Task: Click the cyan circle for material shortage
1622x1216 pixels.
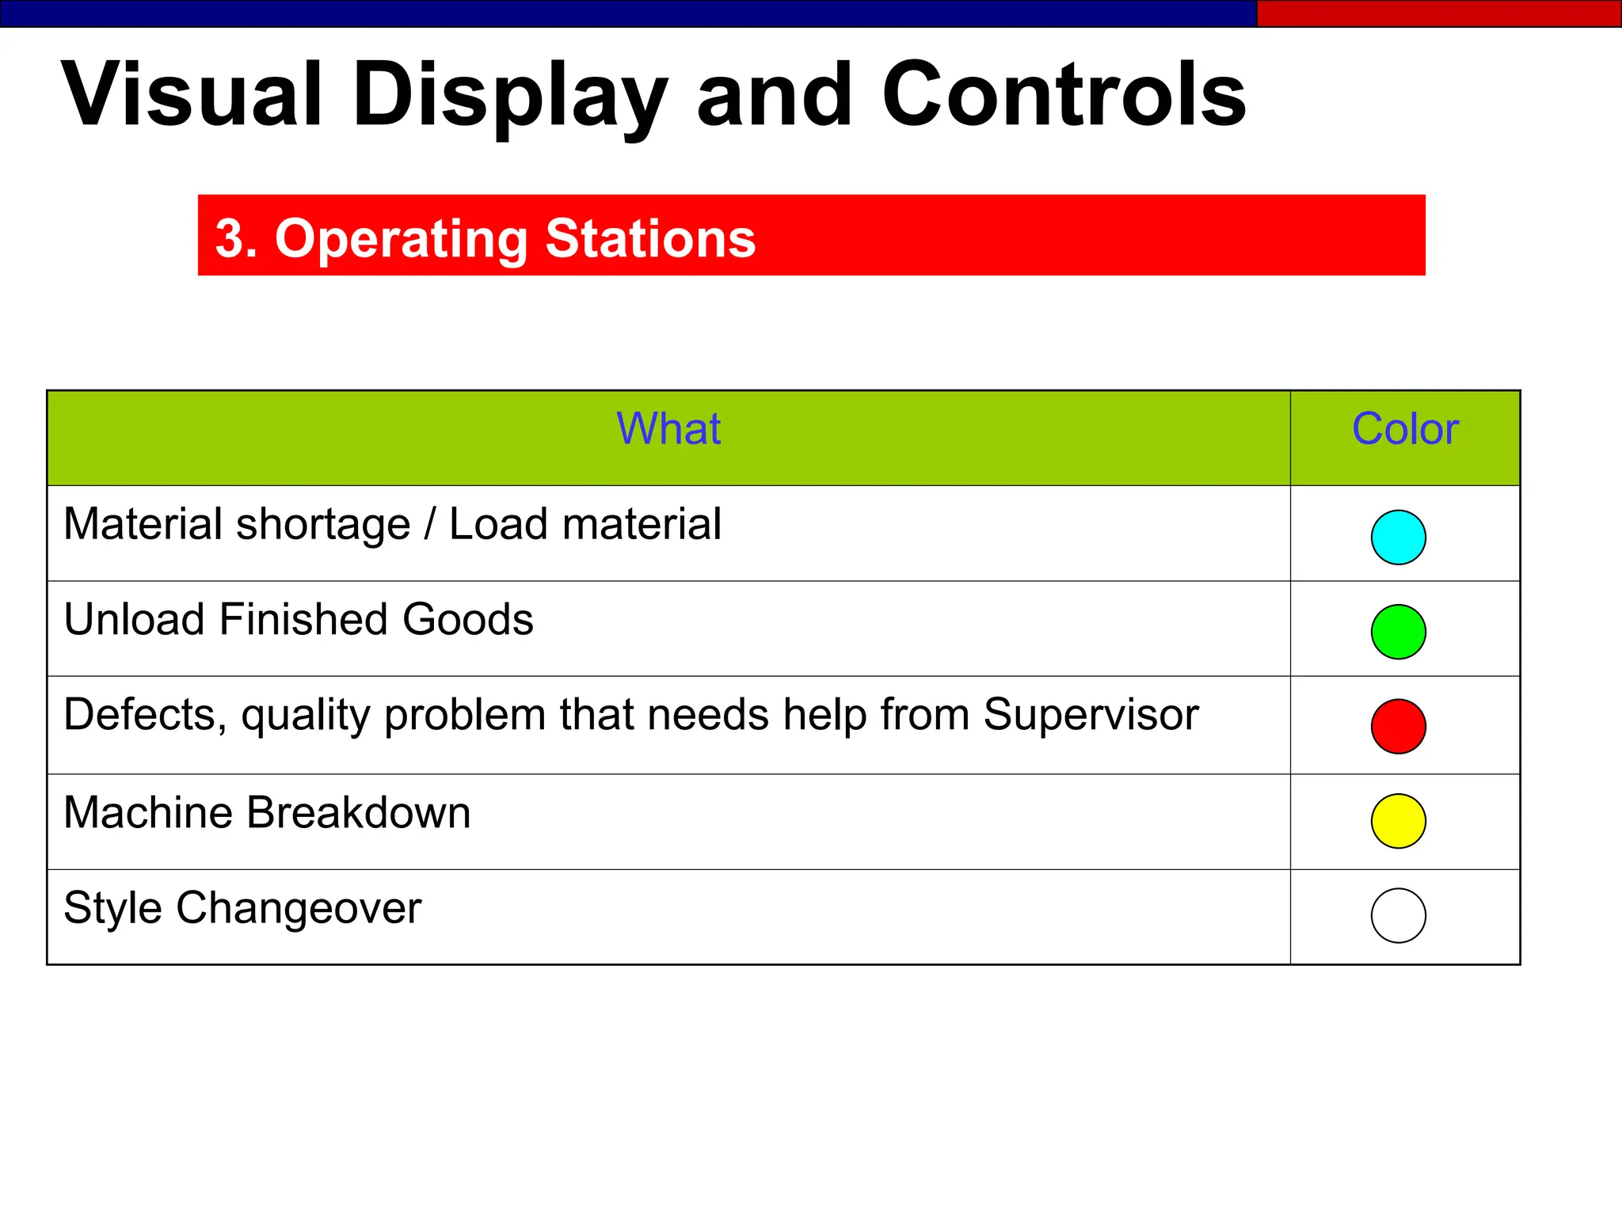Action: coord(1398,537)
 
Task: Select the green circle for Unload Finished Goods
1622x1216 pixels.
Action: coord(1398,632)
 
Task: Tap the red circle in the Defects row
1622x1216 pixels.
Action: coord(1398,726)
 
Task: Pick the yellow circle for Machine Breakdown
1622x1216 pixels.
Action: coord(1398,821)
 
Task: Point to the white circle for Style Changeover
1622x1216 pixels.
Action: coord(1398,916)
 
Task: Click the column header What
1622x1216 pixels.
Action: coord(668,429)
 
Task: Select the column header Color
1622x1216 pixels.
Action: coord(1405,429)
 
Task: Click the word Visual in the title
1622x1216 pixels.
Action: coord(192,95)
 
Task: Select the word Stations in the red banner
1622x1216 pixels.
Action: coord(650,238)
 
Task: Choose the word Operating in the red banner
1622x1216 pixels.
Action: coord(402,240)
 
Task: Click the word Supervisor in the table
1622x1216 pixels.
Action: coord(1091,715)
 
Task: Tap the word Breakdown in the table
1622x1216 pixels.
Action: coord(359,812)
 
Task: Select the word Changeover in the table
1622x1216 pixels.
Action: coord(299,908)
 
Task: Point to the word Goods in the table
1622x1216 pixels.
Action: coord(467,619)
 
